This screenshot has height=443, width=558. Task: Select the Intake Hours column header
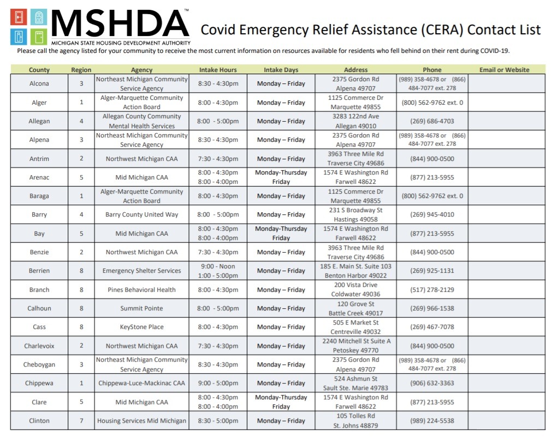coord(218,70)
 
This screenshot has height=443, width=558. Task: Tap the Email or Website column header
coord(504,70)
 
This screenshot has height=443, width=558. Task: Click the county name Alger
coord(39,103)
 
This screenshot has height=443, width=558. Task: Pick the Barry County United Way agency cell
coord(142,215)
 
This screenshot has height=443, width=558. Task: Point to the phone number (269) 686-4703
coord(432,121)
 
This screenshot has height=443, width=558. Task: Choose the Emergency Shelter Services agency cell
coord(142,271)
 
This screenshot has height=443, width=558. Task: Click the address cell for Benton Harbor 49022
coord(355,271)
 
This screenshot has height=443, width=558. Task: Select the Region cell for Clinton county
coord(81,421)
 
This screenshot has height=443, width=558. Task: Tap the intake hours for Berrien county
coord(218,271)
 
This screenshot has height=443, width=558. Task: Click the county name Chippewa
coord(39,383)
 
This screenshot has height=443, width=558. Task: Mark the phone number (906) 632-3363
coord(432,383)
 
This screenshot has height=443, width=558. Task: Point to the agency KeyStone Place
coord(142,327)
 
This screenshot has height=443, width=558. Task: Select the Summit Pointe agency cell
coord(142,308)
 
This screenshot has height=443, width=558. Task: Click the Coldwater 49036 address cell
coord(355,290)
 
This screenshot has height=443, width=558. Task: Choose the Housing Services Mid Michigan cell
coord(142,421)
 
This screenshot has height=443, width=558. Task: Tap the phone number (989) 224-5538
coord(432,421)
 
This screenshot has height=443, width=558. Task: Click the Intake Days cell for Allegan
coord(281,121)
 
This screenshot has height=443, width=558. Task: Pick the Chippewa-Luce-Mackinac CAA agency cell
coord(142,383)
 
